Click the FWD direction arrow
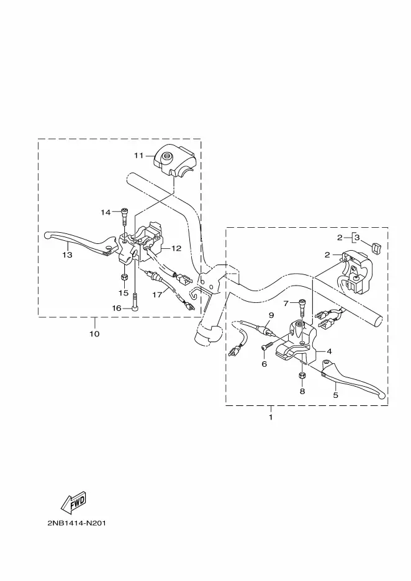(x=73, y=502)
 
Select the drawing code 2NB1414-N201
(x=77, y=523)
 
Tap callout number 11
(x=138, y=156)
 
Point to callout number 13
(x=67, y=255)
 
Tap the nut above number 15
(x=124, y=277)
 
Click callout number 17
(x=157, y=295)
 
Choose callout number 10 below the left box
(x=94, y=334)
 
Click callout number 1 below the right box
(x=271, y=417)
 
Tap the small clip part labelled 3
(x=376, y=246)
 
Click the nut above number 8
(x=302, y=376)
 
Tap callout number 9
(x=271, y=315)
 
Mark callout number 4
(x=329, y=351)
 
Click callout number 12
(x=176, y=248)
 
